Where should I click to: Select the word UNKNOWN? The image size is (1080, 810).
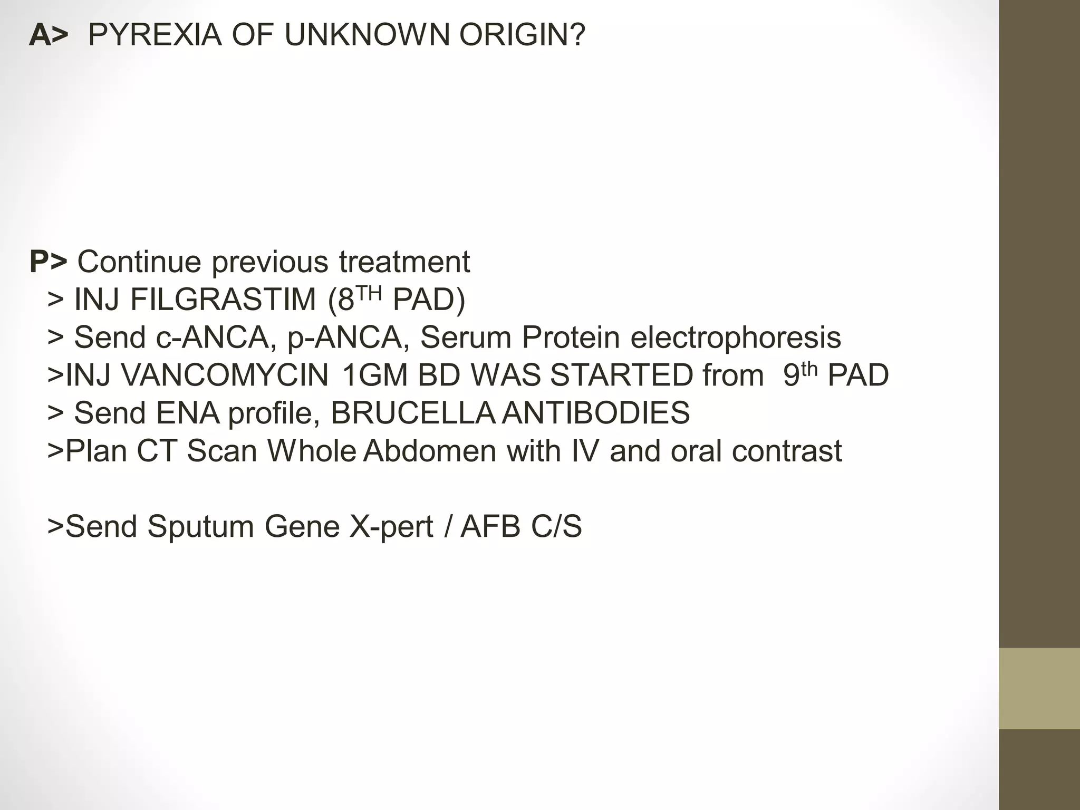[367, 35]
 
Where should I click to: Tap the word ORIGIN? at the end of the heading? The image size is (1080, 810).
[522, 35]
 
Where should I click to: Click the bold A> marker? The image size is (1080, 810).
[49, 35]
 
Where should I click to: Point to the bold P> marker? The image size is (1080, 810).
[48, 262]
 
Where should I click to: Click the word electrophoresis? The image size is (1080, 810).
[736, 337]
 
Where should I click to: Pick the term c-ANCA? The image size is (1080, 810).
[213, 337]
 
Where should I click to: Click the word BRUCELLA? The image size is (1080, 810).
[412, 413]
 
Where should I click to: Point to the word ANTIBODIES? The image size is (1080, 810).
[596, 413]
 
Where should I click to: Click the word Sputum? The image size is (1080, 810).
[200, 527]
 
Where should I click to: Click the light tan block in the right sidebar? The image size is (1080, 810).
[1039, 688]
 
